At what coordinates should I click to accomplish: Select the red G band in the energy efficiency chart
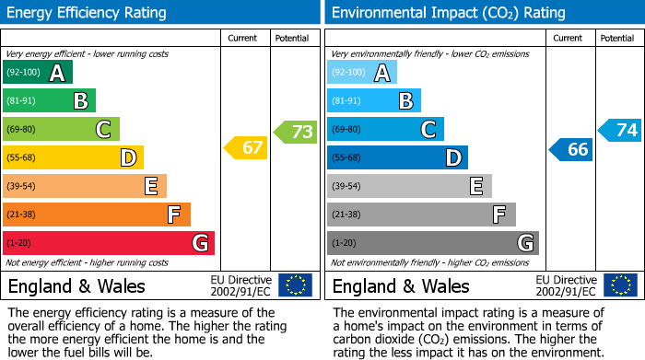point(109,243)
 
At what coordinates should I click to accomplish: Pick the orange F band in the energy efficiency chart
point(97,215)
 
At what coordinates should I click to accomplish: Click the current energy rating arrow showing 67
point(246,147)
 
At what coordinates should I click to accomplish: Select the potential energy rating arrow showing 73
point(296,132)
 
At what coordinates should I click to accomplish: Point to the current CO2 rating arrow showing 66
point(570,149)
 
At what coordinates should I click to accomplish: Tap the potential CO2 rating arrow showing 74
point(620,130)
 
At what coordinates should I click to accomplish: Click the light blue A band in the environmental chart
point(362,73)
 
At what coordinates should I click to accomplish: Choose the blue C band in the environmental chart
point(385,130)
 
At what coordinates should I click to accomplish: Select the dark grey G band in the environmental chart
point(432,243)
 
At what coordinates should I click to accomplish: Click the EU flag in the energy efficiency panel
point(295,285)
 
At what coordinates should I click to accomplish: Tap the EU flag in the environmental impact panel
point(621,285)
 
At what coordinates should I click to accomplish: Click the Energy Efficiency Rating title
point(88,13)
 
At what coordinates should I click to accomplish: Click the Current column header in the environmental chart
point(569,39)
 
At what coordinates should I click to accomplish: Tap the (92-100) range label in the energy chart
point(23,73)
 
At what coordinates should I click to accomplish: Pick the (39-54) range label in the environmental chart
point(347,187)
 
